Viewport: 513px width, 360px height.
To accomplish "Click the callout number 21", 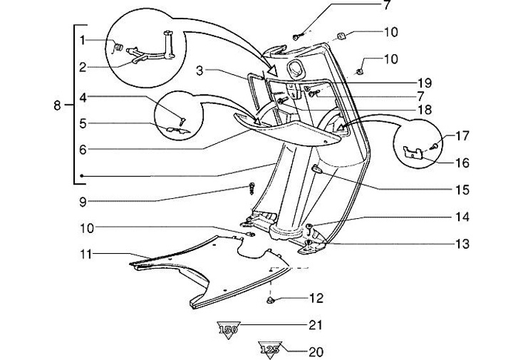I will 316,325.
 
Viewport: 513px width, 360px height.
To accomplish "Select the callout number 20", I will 316,351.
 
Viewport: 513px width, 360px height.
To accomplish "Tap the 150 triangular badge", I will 228,329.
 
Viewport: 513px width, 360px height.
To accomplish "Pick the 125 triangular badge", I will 269,349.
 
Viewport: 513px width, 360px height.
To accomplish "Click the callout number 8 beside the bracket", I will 58,106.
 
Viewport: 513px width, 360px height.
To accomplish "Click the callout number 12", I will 316,297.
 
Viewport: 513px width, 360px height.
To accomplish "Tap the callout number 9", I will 83,202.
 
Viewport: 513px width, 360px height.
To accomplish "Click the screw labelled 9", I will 252,189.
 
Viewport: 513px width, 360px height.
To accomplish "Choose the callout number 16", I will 462,163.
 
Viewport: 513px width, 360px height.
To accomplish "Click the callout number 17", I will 462,135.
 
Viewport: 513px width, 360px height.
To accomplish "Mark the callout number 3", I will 202,71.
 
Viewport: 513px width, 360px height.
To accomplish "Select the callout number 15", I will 462,190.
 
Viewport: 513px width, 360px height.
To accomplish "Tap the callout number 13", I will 462,244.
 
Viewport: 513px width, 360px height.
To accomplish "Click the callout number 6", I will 83,150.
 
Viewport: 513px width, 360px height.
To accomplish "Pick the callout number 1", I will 83,39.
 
